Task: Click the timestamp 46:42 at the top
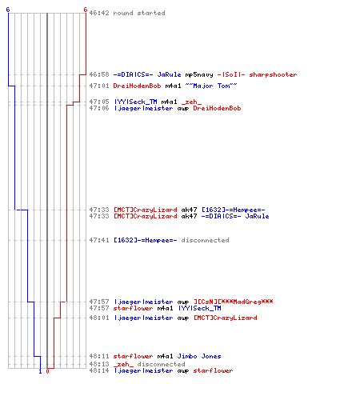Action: [99, 13]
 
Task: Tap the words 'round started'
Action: [139, 13]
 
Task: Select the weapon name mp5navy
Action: [199, 74]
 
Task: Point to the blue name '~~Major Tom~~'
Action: [211, 86]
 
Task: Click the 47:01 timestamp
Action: [99, 86]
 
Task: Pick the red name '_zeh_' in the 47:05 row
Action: [191, 102]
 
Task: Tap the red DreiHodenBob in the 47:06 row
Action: [217, 108]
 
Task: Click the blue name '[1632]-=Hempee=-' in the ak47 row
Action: [233, 210]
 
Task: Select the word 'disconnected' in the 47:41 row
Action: [205, 240]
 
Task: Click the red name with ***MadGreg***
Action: [233, 302]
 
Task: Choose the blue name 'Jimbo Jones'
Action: [199, 356]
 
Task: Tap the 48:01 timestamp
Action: [99, 318]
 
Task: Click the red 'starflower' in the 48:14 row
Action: [213, 370]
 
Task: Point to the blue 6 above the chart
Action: [8, 10]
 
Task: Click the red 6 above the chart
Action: [86, 10]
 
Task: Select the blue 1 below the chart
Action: [40, 371]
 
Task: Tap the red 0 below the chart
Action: [47, 371]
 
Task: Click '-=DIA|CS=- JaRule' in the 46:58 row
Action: [147, 74]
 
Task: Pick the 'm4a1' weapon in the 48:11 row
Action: [165, 356]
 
